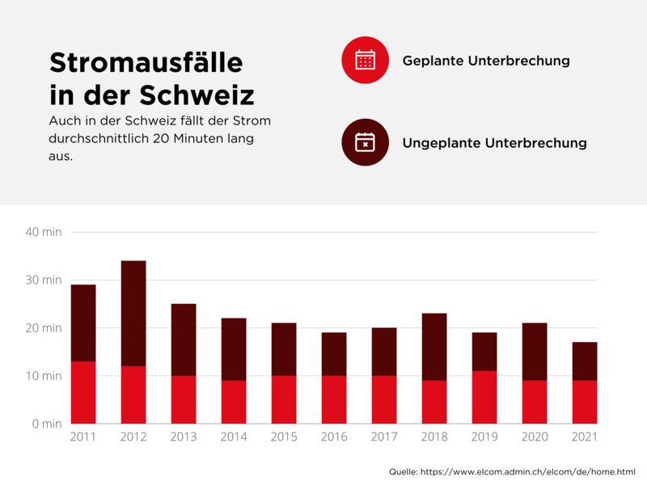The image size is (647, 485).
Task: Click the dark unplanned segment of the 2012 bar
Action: pyautogui.click(x=133, y=313)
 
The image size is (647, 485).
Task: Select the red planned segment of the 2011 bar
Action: pyautogui.click(x=83, y=392)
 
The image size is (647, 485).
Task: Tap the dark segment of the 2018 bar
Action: pyautogui.click(x=434, y=347)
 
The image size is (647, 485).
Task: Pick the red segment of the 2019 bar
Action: pyautogui.click(x=484, y=397)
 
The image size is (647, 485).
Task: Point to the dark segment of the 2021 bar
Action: pyautogui.click(x=585, y=361)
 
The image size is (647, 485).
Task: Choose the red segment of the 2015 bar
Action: pyautogui.click(x=284, y=399)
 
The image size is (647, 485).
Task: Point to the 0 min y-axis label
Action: pyautogui.click(x=46, y=424)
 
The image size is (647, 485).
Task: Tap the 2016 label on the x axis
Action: pyautogui.click(x=334, y=437)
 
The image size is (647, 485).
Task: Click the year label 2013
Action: pyautogui.click(x=184, y=437)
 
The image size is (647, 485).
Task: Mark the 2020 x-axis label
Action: pyautogui.click(x=535, y=437)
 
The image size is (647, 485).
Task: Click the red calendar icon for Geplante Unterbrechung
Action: pyautogui.click(x=366, y=60)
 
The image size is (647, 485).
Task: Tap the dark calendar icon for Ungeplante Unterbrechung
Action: pyautogui.click(x=366, y=142)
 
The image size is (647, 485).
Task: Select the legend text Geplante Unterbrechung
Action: pyautogui.click(x=486, y=61)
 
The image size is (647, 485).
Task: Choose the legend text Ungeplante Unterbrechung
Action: pyautogui.click(x=494, y=143)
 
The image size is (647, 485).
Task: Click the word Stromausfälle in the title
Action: pyautogui.click(x=146, y=63)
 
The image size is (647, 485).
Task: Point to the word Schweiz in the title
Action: pyautogui.click(x=197, y=95)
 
